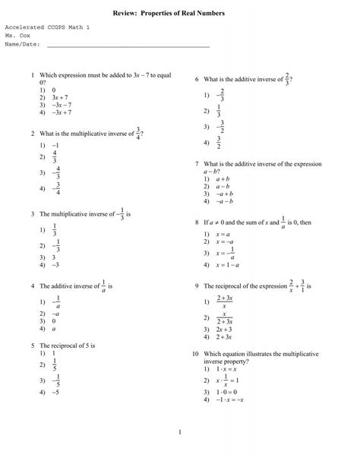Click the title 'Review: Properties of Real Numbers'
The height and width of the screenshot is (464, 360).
coord(179,14)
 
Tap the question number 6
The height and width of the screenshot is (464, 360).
coord(196,79)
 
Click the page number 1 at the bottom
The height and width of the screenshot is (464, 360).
coord(180,433)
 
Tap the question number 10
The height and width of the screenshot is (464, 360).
coord(195,354)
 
